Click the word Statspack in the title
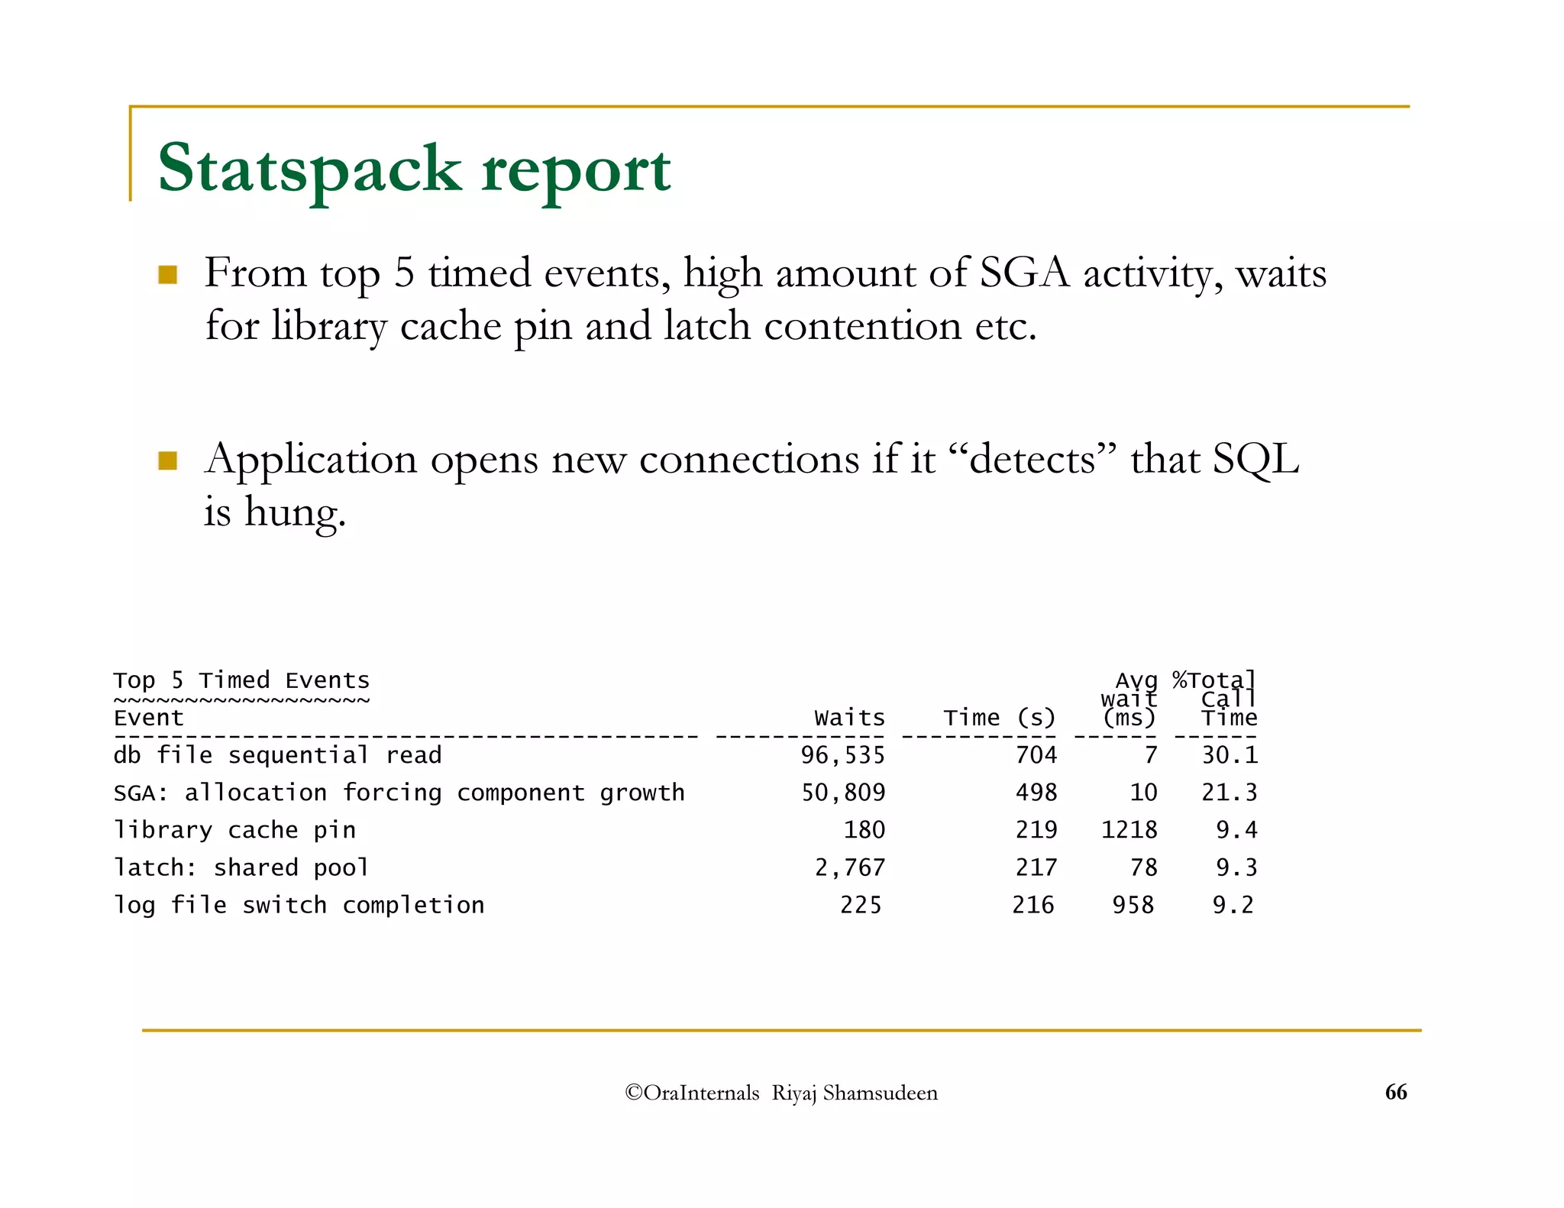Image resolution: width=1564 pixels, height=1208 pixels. pos(309,170)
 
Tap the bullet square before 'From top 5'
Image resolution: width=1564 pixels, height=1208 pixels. pos(167,275)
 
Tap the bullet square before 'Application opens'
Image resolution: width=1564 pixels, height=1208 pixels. pos(167,461)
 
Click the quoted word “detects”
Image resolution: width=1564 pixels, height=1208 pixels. pos(1032,460)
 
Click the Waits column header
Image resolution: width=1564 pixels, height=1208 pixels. pos(849,718)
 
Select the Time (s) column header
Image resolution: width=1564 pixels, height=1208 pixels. pos(999,718)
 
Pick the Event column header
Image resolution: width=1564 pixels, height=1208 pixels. pos(149,718)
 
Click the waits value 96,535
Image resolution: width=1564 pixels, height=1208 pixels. pos(842,755)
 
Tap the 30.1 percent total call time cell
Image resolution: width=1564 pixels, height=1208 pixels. pos(1229,755)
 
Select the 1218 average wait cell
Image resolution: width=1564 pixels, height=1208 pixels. pos(1129,830)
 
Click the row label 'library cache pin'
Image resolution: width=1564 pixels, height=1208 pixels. pos(234,830)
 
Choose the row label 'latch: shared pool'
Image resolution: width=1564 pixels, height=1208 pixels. pos(241,867)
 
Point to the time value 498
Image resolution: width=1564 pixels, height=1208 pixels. pos(1036,793)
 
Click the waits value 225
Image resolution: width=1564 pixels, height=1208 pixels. pos(861,905)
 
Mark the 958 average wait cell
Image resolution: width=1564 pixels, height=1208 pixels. pos(1133,905)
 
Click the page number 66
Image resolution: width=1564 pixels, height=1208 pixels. pos(1395,1092)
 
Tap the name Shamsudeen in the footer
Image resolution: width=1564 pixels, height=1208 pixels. pos(880,1093)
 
